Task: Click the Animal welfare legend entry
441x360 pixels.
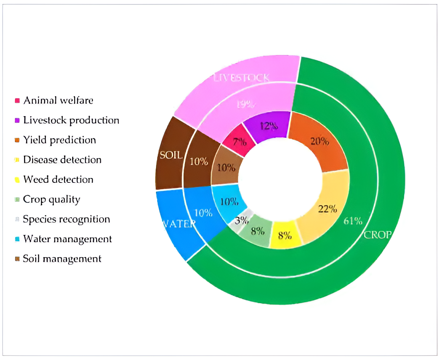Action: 58,100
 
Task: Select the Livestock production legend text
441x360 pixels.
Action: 71,120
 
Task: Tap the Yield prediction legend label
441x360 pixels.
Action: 59,140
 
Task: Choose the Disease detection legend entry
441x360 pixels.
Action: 62,160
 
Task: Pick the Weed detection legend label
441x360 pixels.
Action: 58,179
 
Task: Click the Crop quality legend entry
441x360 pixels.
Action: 52,199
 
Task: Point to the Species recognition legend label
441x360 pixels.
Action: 67,219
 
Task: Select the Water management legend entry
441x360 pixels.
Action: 67,239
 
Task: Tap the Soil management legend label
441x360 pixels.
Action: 62,259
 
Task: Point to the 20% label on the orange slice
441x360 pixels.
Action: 320,141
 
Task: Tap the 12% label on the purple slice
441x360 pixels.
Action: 268,126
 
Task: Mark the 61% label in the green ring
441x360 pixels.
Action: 353,221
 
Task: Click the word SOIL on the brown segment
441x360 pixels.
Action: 171,155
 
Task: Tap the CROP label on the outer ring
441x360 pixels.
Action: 376,235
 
